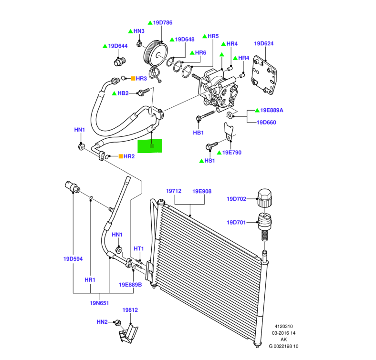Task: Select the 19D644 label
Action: click(118, 46)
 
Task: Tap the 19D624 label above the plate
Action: click(264, 43)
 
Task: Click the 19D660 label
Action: click(266, 122)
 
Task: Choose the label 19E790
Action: click(232, 153)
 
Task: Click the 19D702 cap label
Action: click(236, 199)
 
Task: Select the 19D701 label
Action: click(236, 222)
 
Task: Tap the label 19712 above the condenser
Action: click(174, 191)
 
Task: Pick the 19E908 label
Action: click(202, 191)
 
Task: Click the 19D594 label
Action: click(73, 259)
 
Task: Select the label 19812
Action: click(130, 310)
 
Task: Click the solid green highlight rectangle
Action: click(150, 146)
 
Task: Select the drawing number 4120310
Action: click(283, 326)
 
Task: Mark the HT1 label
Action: click(139, 248)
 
